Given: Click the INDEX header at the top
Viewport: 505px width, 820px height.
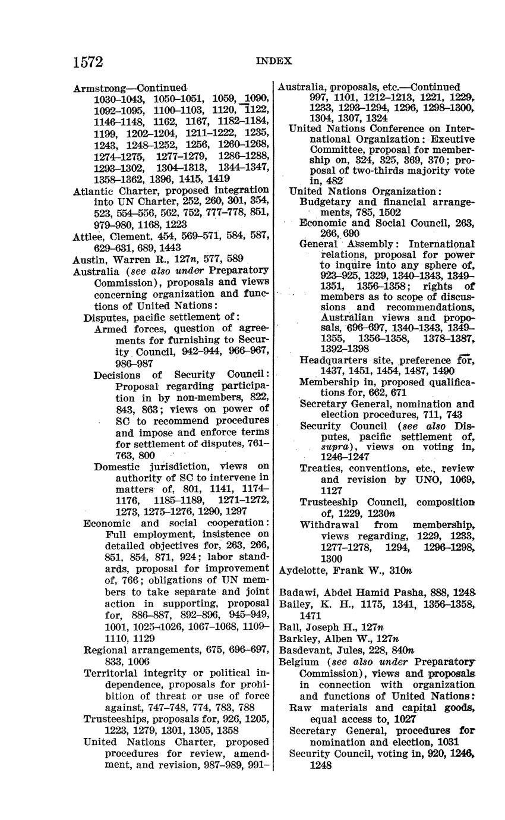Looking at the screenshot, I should pos(274,61).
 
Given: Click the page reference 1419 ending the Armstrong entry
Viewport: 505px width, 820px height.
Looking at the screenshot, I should pos(219,178).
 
